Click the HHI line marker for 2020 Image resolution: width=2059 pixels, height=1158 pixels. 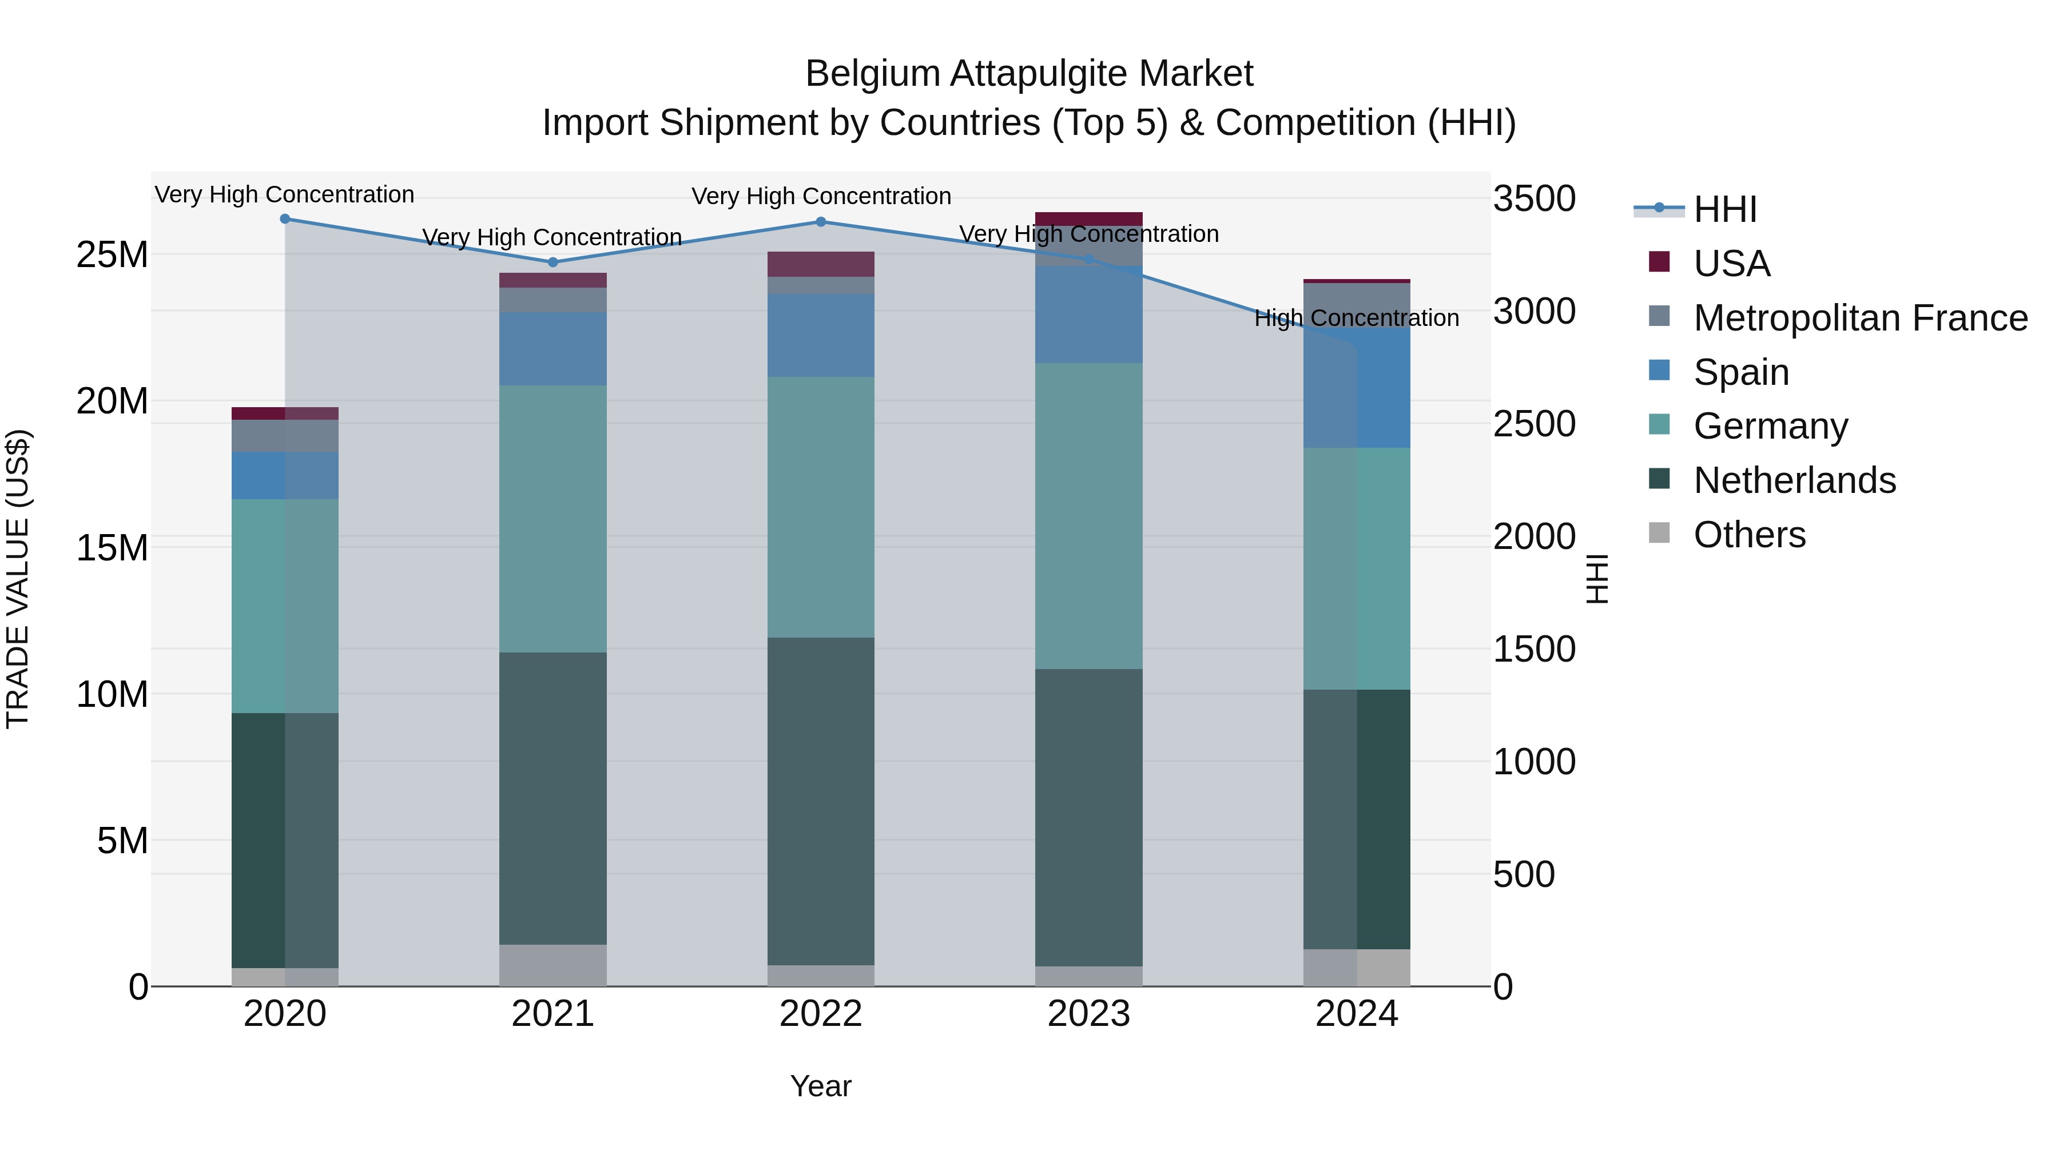point(285,219)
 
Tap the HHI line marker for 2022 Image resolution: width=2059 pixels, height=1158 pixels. point(821,222)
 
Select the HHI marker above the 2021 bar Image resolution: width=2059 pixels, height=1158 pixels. point(553,262)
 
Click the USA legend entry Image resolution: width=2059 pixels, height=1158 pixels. point(1731,264)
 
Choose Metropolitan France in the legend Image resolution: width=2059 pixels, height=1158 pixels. point(1860,318)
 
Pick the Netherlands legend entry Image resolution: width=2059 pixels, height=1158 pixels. point(1794,480)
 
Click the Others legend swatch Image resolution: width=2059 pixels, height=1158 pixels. point(1659,533)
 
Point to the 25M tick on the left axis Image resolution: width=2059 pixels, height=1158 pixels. point(112,255)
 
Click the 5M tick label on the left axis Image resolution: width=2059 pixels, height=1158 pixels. point(122,841)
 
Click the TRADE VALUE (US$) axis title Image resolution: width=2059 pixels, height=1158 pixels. point(18,579)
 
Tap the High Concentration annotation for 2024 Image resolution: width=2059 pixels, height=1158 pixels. point(1357,318)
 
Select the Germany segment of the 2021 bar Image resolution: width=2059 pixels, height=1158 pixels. point(553,519)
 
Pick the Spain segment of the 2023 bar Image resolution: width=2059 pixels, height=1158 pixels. point(1088,315)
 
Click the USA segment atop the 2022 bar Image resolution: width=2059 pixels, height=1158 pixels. point(821,264)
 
